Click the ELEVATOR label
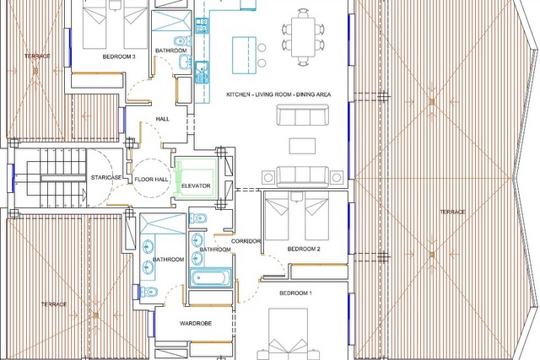coord(196,185)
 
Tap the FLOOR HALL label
coord(151,180)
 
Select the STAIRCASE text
coord(106,178)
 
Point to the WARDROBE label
coord(196,324)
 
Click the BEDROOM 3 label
coord(119,56)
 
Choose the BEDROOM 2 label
coord(304,249)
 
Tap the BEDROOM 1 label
coord(295,293)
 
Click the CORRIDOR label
coord(246,241)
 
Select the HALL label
coord(163,119)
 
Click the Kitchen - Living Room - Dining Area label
coord(278,94)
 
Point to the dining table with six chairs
coord(303,37)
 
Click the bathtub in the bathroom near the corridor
coord(210,277)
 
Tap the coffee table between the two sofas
coord(302,146)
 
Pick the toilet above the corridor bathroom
coord(198,218)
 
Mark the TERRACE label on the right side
coord(452,212)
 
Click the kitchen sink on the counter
coord(202,73)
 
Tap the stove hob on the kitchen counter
coord(202,25)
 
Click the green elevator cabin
coord(196,179)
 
